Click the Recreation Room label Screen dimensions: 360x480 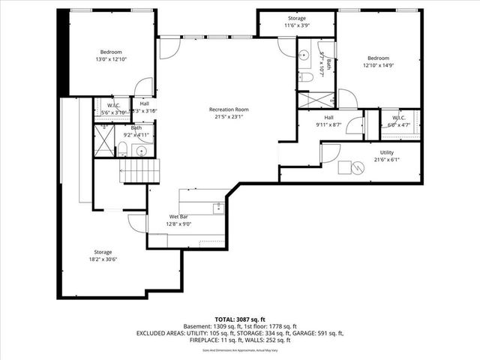(x=229, y=109)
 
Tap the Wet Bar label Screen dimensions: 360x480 (x=178, y=217)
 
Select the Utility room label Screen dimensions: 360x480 (x=386, y=152)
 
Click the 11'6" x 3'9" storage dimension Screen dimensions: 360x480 (x=297, y=25)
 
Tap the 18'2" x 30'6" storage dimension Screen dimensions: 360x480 (x=103, y=259)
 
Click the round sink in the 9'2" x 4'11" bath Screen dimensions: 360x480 (x=142, y=150)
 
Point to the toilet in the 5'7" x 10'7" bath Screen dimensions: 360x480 (x=306, y=76)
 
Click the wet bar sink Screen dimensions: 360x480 (x=217, y=207)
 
